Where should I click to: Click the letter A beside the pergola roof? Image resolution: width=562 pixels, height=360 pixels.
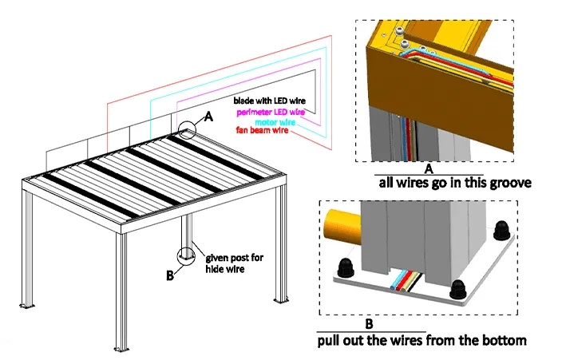tap(209, 116)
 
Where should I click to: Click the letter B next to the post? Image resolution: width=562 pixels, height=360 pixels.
tap(168, 275)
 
